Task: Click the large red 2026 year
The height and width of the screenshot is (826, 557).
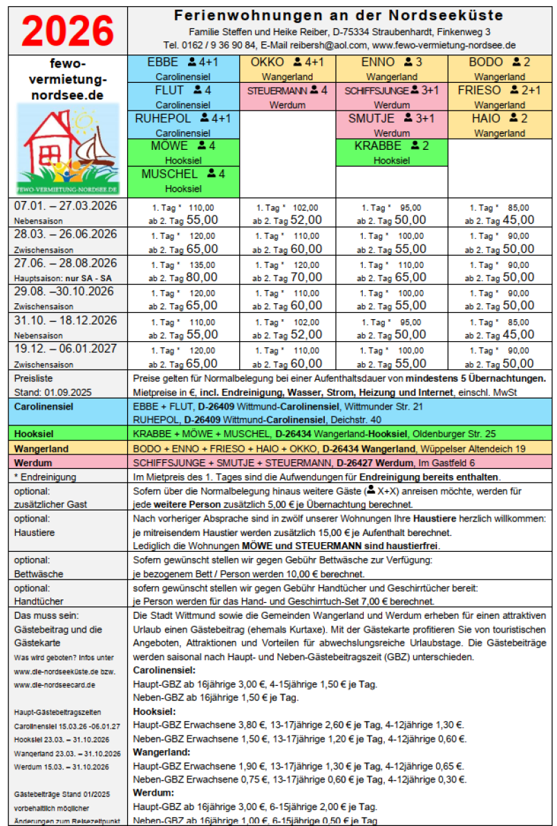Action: coord(67,30)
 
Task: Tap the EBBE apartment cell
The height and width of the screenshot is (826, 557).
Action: coord(183,69)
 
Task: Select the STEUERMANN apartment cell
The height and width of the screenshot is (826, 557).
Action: coord(287,97)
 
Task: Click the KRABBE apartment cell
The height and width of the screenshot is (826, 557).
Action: coord(391,153)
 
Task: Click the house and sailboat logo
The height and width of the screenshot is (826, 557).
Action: coord(67,149)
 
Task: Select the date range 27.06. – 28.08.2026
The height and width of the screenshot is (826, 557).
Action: coord(66,263)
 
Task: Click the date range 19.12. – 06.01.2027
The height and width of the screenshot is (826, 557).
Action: coord(66,349)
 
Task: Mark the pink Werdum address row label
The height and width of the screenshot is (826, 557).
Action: coord(33,462)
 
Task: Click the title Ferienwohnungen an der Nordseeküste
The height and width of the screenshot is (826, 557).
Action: coord(339,15)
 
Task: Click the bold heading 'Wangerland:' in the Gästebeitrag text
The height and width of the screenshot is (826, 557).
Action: coord(161,751)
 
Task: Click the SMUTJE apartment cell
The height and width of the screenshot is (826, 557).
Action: coord(391,125)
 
